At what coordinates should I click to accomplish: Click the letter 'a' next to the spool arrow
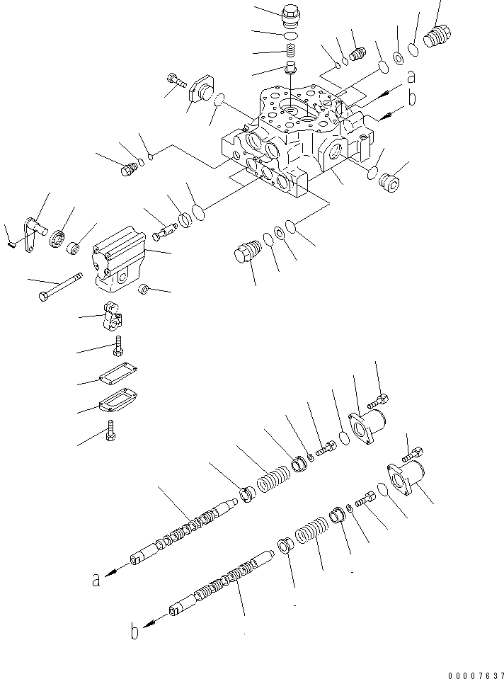tap(95, 581)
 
